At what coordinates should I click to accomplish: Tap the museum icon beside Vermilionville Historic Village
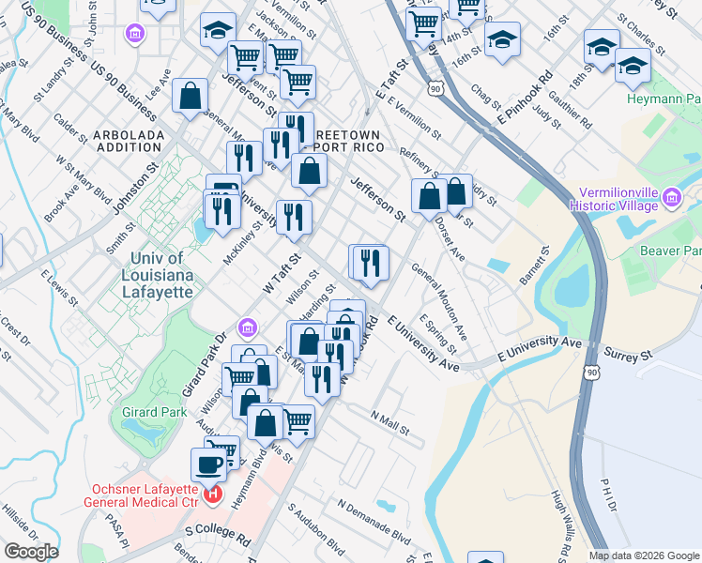(671, 197)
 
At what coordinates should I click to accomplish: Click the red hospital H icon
(214, 493)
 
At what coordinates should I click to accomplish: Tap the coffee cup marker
(208, 464)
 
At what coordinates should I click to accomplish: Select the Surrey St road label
(633, 357)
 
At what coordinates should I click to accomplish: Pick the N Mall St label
(389, 422)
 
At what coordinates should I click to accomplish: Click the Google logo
(31, 553)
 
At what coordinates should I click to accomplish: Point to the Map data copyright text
(644, 555)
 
